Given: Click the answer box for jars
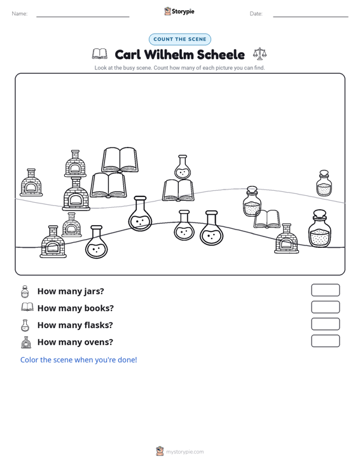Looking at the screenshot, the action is coord(325,290).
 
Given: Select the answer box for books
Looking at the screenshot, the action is coord(325,307).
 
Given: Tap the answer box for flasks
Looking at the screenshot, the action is coord(325,324).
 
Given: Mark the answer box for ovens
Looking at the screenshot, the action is coord(325,341).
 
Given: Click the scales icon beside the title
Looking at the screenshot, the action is coord(260,54).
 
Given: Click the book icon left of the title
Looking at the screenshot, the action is coord(100,54).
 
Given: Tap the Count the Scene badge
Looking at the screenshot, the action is coord(180,39).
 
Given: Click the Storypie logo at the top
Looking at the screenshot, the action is coord(179,11).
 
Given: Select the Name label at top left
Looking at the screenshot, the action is coord(20,14).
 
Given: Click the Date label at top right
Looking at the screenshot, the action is coord(256,14).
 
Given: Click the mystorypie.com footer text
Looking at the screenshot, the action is coord(184,452).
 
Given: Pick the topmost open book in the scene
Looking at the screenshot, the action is coord(120,160).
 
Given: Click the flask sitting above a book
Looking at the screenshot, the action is coord(183,167).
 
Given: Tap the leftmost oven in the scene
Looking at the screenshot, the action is coord(31,182).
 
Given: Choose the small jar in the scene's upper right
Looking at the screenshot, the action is coord(324,183).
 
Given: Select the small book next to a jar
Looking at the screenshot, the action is coord(267,219).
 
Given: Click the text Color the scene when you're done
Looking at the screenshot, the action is coord(78,360).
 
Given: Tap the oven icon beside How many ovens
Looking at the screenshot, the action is coord(26,342).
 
